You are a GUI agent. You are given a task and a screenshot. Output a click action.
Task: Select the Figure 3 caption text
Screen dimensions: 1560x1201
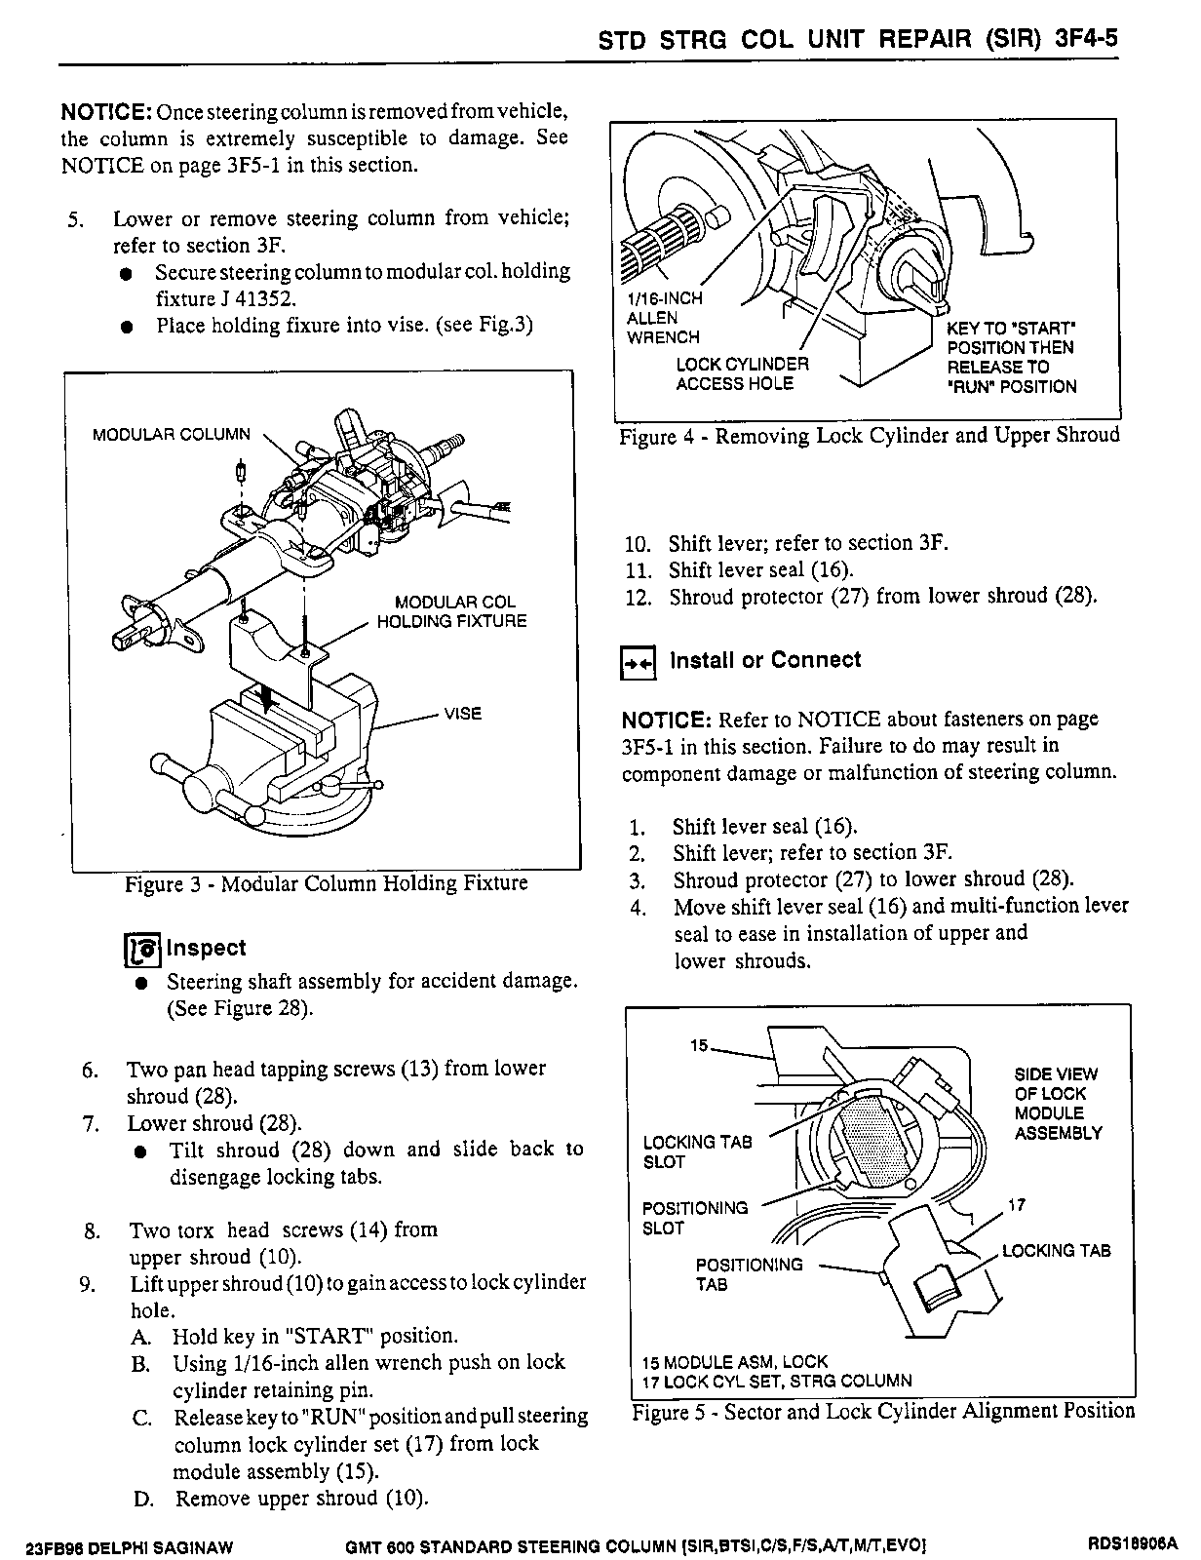pyautogui.click(x=326, y=884)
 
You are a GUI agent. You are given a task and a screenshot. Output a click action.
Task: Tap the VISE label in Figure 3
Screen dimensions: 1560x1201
pyautogui.click(x=462, y=714)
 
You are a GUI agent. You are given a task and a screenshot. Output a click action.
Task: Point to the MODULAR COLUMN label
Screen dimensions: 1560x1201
pyautogui.click(x=171, y=435)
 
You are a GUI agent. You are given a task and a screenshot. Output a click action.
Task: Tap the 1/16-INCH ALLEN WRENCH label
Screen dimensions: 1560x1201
pyautogui.click(x=663, y=318)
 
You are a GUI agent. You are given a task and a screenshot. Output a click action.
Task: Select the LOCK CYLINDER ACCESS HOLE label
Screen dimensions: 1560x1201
pyautogui.click(x=742, y=374)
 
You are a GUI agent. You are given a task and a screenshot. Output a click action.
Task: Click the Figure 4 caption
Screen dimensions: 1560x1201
pyautogui.click(x=870, y=436)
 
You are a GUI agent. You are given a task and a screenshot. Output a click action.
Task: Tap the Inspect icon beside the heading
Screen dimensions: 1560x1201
pyautogui.click(x=142, y=949)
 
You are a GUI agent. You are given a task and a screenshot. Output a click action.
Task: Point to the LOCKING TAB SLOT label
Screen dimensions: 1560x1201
pyautogui.click(x=697, y=1151)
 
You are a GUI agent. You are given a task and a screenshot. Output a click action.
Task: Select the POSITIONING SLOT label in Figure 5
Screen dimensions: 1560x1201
pyautogui.click(x=694, y=1218)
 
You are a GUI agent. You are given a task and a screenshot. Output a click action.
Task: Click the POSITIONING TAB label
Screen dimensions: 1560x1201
pyautogui.click(x=748, y=1274)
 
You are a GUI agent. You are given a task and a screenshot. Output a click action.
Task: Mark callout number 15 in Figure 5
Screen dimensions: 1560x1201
pyautogui.click(x=699, y=1046)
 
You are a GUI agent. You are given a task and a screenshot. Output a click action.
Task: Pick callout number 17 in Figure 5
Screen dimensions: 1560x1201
pyautogui.click(x=1016, y=1205)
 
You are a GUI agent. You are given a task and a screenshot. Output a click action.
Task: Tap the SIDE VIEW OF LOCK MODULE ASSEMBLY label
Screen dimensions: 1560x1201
pyautogui.click(x=1058, y=1104)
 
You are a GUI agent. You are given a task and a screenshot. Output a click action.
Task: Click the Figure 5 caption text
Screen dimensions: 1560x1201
pyautogui.click(x=883, y=1412)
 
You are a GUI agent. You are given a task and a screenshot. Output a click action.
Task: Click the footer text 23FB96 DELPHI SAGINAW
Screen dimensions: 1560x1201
pyautogui.click(x=132, y=1546)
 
